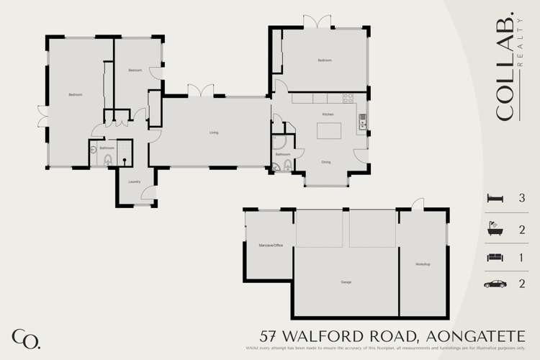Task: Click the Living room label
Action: click(x=214, y=132)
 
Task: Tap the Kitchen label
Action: click(x=328, y=114)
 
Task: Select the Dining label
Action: click(x=326, y=162)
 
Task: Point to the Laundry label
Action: click(x=134, y=181)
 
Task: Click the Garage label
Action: click(x=346, y=282)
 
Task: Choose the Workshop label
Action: click(x=423, y=264)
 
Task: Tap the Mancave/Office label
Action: click(x=271, y=246)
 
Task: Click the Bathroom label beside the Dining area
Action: click(x=282, y=154)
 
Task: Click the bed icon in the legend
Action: click(x=494, y=197)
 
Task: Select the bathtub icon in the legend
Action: click(x=494, y=229)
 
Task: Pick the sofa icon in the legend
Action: click(x=494, y=257)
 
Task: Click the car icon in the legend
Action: click(x=494, y=284)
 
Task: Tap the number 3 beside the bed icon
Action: click(x=521, y=198)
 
